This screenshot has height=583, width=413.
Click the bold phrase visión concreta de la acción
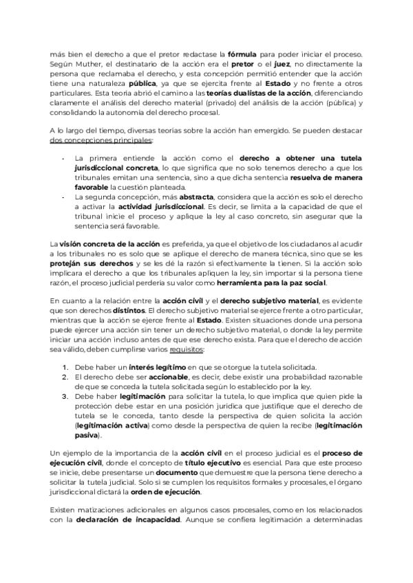[102, 245]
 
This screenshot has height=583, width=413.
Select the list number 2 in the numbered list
[64, 377]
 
